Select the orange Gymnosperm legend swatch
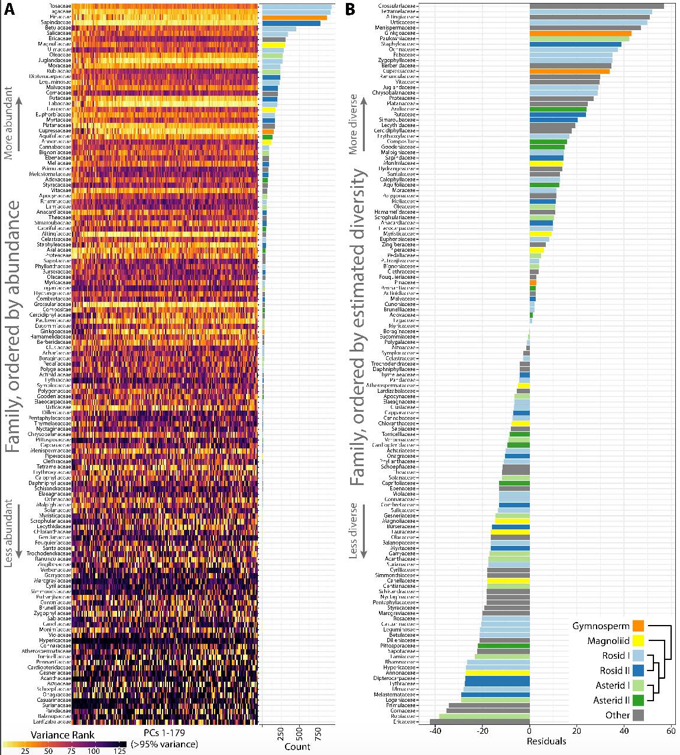coord(638,626)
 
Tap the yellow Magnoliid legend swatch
coord(638,640)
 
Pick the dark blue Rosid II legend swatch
coord(638,671)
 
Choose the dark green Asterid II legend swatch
coord(638,700)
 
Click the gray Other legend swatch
coord(638,715)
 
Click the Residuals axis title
coord(546,741)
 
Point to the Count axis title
coord(297,746)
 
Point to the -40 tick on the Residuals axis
coord(435,731)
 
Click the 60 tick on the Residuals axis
coord(671,731)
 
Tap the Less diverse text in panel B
coord(353,530)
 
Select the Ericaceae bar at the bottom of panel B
coord(480,721)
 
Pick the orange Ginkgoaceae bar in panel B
coord(580,33)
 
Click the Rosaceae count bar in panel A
coord(297,6)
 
